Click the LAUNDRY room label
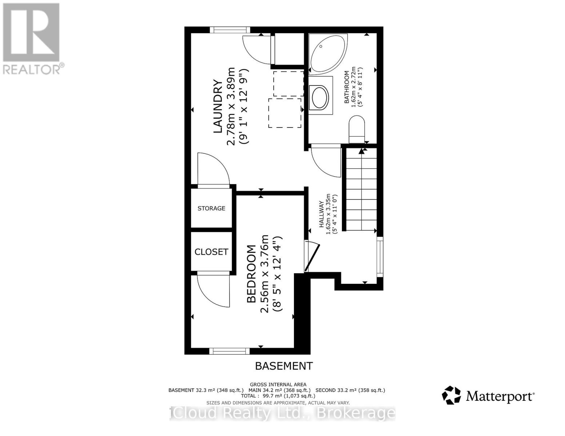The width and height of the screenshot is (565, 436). click(218, 106)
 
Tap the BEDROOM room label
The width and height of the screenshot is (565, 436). click(251, 274)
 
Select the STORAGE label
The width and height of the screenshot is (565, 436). click(211, 209)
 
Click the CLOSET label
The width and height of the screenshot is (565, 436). click(211, 252)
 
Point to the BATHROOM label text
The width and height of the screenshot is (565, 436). click(347, 87)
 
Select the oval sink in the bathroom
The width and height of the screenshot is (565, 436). click(319, 97)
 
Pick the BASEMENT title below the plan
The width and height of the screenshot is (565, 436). click(284, 366)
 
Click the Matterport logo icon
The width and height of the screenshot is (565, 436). click(451, 395)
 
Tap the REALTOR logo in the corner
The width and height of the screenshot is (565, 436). click(31, 38)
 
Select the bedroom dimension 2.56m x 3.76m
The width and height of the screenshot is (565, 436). click(265, 274)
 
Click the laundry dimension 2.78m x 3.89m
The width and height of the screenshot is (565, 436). click(231, 106)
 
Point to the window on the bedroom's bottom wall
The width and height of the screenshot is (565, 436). click(230, 351)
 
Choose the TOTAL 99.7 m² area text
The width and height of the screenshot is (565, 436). click(278, 396)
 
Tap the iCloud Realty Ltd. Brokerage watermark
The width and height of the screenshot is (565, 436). click(282, 413)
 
